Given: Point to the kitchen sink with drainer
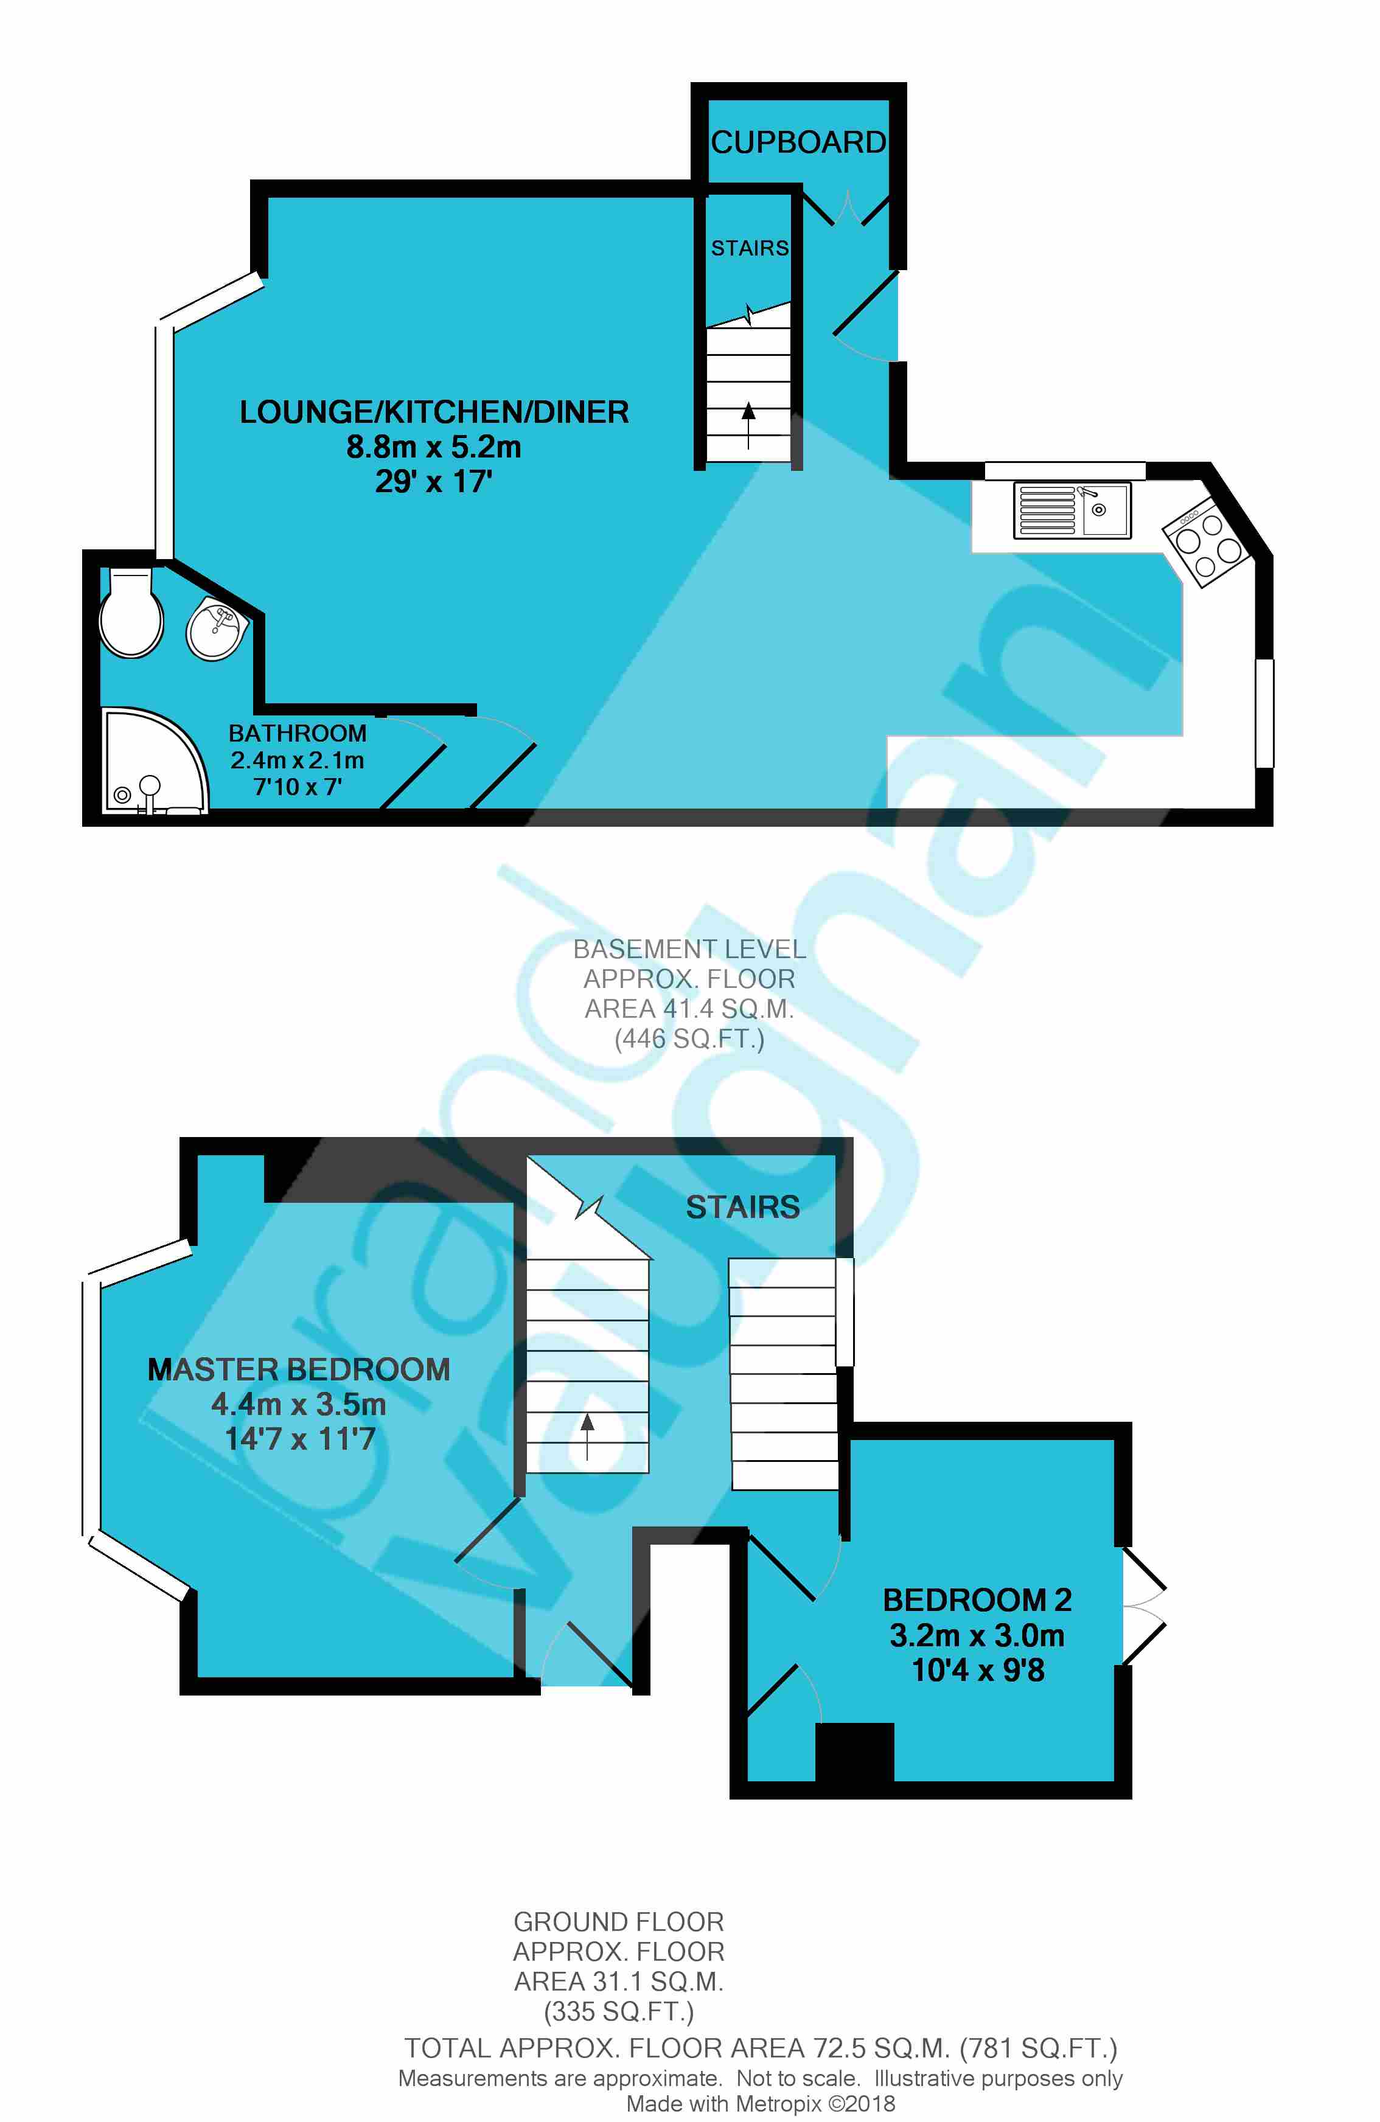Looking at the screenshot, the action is point(1073,510).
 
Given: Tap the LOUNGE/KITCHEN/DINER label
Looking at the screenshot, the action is point(434,412).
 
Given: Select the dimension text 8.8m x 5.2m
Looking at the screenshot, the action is point(434,447).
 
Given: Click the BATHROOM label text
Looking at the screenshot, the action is point(298,733).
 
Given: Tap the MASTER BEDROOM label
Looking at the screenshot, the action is point(299,1369).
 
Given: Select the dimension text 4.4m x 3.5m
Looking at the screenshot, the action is point(299,1404).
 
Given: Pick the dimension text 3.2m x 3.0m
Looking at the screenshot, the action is point(977,1635).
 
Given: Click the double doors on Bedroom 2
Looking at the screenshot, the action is point(1141,1605).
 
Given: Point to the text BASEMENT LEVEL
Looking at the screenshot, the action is point(689,948).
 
